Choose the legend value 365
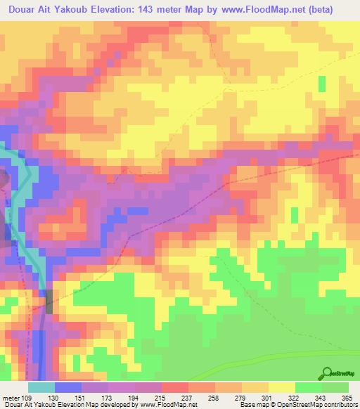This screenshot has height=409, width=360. tap(345, 398)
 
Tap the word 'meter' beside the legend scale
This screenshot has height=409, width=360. tap(12, 398)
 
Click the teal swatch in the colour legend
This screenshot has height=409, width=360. tap(41, 387)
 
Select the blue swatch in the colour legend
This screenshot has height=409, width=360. tap(68, 387)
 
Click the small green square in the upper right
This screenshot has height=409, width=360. tap(322, 84)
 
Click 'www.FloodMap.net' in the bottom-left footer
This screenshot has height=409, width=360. tap(169, 405)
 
